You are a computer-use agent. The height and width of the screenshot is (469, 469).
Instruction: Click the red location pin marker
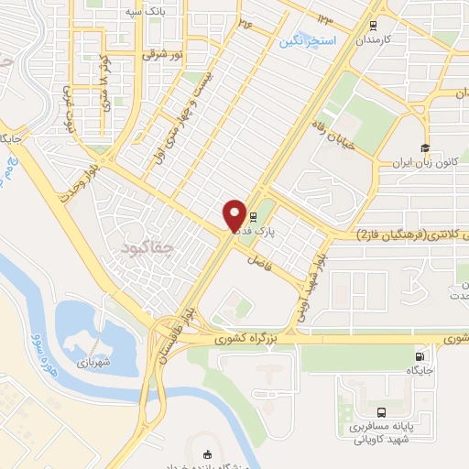click(234, 216)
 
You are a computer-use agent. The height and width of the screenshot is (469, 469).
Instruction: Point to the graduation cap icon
click(425, 148)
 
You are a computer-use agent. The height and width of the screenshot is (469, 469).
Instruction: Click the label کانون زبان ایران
click(424, 165)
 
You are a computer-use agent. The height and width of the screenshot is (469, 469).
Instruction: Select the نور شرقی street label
click(163, 55)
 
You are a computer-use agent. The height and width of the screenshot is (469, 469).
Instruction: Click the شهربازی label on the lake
click(93, 336)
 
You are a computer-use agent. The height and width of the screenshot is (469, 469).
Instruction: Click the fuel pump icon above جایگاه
click(420, 356)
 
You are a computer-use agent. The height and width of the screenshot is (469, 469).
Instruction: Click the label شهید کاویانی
click(378, 438)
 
